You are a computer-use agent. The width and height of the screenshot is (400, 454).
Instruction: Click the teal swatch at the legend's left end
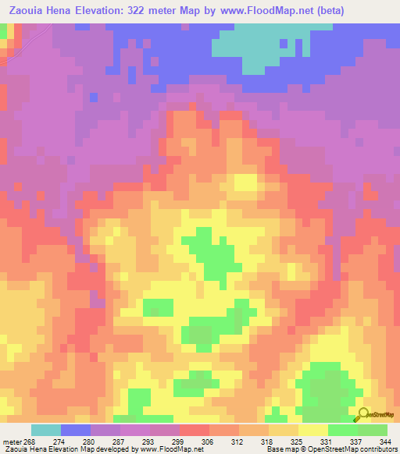46,430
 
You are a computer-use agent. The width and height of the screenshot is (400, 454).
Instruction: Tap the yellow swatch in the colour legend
312,430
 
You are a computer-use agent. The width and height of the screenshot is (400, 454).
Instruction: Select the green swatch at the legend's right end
372,430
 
